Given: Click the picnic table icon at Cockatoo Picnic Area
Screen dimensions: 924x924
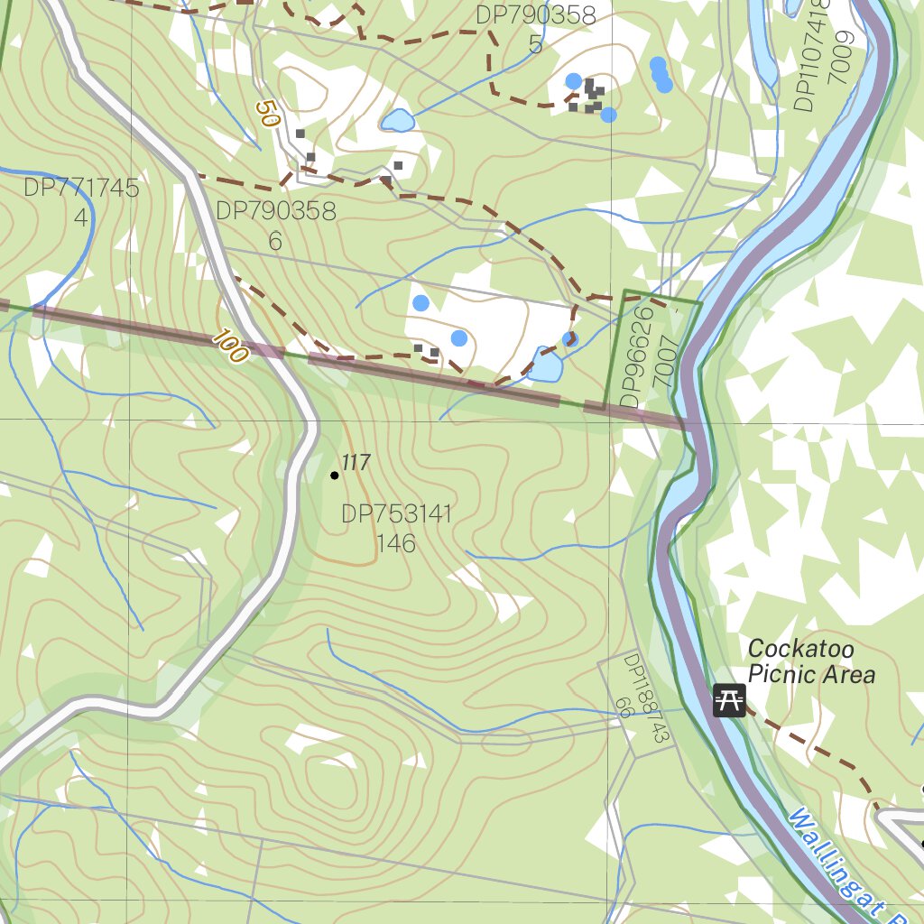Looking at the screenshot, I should (729, 699).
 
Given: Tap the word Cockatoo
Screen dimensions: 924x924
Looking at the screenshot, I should (800, 649).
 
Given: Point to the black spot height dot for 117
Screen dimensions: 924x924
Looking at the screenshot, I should (335, 475).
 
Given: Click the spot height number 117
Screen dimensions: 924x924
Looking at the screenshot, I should (356, 463).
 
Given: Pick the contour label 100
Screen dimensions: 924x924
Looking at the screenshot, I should (231, 347).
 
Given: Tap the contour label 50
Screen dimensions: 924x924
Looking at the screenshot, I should (267, 114).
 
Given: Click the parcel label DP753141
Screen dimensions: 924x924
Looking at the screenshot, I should (396, 515).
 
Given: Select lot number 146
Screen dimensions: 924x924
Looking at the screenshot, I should (396, 543).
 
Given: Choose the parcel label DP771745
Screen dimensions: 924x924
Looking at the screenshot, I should (81, 189).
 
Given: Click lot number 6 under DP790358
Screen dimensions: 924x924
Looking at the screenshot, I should (275, 241).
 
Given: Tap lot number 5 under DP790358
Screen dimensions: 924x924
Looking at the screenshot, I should (536, 44).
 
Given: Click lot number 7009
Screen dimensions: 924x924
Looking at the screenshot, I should (843, 56).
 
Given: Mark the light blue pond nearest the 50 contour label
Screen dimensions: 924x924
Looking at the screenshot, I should (397, 120).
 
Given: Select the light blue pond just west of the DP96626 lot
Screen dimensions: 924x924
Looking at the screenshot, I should (547, 365).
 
